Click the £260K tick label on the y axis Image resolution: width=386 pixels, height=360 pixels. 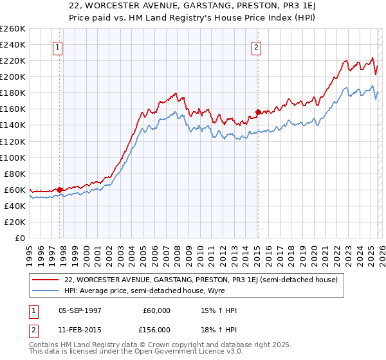point(13,29)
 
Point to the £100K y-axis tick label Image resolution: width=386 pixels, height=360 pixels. point(13,157)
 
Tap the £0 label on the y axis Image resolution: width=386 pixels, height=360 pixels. point(21,239)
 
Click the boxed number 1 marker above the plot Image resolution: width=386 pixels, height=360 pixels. point(58,46)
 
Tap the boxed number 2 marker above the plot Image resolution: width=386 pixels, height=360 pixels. point(256,46)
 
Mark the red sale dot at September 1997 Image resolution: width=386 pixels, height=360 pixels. point(59,190)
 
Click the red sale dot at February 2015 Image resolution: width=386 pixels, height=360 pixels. point(257,112)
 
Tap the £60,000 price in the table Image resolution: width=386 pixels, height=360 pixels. point(157,310)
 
